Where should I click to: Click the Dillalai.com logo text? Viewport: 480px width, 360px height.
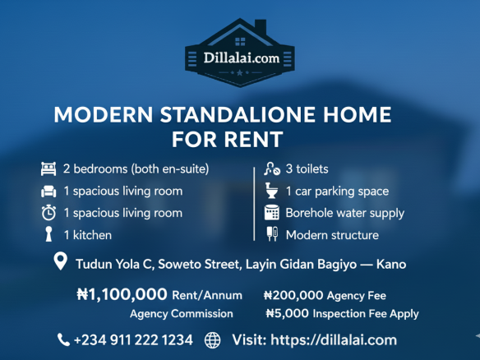click(x=239, y=58)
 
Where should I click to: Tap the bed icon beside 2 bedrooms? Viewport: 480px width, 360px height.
click(x=48, y=169)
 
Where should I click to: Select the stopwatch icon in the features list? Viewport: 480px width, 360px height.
click(x=48, y=213)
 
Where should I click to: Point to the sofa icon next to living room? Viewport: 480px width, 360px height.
click(x=48, y=192)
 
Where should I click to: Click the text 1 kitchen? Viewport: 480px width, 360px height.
click(x=88, y=235)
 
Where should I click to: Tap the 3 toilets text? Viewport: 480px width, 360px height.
click(x=307, y=169)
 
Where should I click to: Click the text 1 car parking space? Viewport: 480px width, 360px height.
click(x=337, y=192)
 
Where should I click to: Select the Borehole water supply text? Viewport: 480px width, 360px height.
click(x=344, y=213)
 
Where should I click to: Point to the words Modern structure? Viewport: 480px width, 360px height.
click(x=332, y=235)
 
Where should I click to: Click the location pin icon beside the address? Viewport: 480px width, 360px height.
click(x=60, y=263)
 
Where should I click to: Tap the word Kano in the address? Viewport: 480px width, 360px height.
click(x=391, y=265)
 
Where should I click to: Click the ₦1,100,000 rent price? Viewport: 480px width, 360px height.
click(x=122, y=294)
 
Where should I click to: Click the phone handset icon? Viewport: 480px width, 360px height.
click(x=63, y=339)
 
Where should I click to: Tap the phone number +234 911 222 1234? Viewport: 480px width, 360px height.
click(x=133, y=339)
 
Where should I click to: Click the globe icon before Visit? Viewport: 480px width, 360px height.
click(x=212, y=339)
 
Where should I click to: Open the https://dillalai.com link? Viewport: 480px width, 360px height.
click(x=338, y=339)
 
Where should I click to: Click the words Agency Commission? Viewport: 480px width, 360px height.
click(x=181, y=313)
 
